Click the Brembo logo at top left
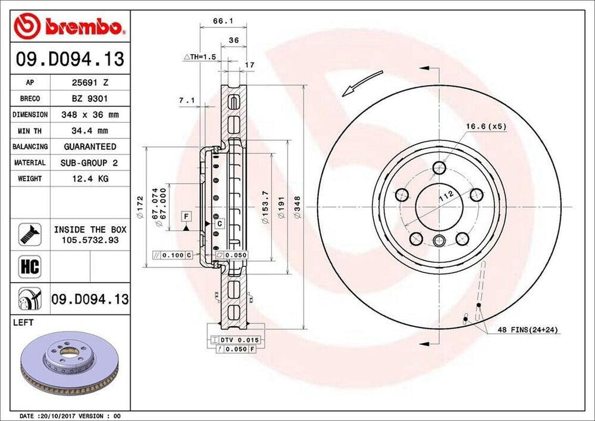coord(70,27)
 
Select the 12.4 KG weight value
coord(89,179)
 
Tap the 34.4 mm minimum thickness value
coord(89,131)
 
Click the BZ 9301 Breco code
coord(89,99)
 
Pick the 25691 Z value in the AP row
coord(89,83)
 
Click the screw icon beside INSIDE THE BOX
coord(30,234)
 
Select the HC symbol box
coord(30,266)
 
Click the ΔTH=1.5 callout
coord(200,56)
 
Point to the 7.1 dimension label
coord(186,100)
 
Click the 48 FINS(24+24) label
coord(528,330)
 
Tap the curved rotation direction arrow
coord(362,82)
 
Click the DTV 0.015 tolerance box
coord(235,340)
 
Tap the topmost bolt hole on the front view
coord(440,168)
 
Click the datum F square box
coord(186,216)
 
